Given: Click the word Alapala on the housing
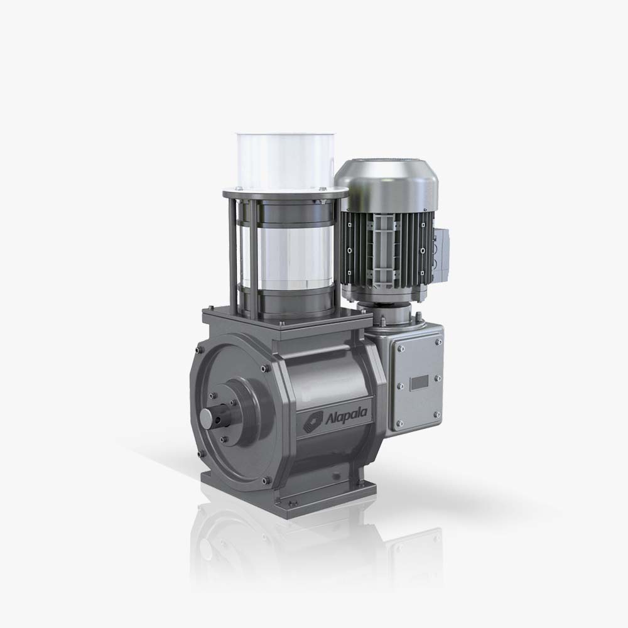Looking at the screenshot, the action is (346, 416).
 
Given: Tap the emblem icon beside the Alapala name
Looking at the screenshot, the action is (313, 422).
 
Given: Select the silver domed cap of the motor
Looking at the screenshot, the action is (386, 182).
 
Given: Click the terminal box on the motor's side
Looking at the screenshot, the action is (441, 254).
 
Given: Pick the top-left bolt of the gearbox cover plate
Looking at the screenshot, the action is (400, 349).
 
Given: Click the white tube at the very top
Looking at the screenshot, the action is (285, 161).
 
